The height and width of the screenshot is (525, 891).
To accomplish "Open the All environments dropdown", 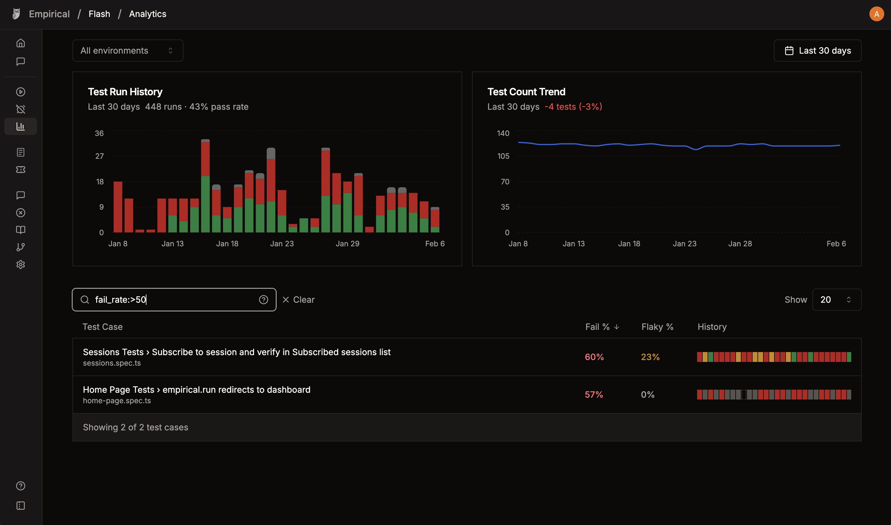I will [128, 51].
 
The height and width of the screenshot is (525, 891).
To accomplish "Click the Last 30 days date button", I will [817, 51].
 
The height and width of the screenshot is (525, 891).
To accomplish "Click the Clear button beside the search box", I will [298, 300].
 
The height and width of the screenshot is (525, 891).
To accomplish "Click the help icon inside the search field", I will [263, 300].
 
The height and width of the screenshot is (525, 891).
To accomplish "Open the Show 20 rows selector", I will [836, 300].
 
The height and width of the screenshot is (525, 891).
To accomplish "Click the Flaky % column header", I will [657, 326].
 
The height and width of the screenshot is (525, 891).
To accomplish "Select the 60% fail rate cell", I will [594, 357].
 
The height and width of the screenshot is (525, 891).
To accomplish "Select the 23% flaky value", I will [650, 357].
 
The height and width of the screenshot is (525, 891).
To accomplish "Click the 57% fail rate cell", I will [593, 395].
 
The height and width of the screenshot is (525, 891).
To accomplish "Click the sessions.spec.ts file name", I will [112, 363].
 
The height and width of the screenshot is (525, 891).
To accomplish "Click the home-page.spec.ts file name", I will [117, 400].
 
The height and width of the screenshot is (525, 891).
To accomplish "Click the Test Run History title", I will [125, 92].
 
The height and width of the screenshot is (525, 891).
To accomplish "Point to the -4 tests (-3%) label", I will [573, 106].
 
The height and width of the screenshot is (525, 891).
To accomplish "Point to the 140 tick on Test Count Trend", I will [503, 133].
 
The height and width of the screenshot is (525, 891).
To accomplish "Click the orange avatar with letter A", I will [876, 14].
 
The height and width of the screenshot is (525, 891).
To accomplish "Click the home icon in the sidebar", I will [21, 43].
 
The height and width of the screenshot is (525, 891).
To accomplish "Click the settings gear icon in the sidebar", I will [21, 264].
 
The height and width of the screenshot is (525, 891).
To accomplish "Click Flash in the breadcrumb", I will [99, 14].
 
